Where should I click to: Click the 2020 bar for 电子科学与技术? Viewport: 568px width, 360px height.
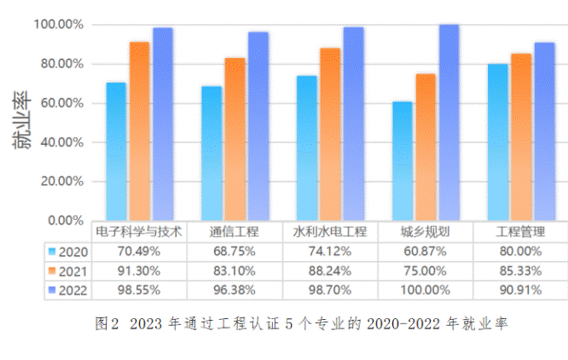tap(116, 151)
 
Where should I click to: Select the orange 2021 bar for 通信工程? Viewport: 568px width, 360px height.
tap(235, 139)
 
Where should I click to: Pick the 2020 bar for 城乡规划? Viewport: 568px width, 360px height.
tap(402, 160)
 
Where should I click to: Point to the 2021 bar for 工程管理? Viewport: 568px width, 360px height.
tap(521, 136)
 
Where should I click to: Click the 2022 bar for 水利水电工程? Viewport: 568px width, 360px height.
tap(353, 124)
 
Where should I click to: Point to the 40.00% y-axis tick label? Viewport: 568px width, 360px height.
tap(61, 142)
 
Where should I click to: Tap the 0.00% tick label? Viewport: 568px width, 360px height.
tap(64, 220)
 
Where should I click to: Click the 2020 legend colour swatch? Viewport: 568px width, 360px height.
tap(53, 252)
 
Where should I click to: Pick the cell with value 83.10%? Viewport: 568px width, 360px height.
tap(234, 271)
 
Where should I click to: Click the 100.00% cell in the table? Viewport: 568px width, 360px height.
tap(425, 291)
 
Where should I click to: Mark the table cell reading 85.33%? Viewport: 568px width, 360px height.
tap(520, 271)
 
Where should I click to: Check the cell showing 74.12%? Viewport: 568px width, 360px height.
tap(329, 252)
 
